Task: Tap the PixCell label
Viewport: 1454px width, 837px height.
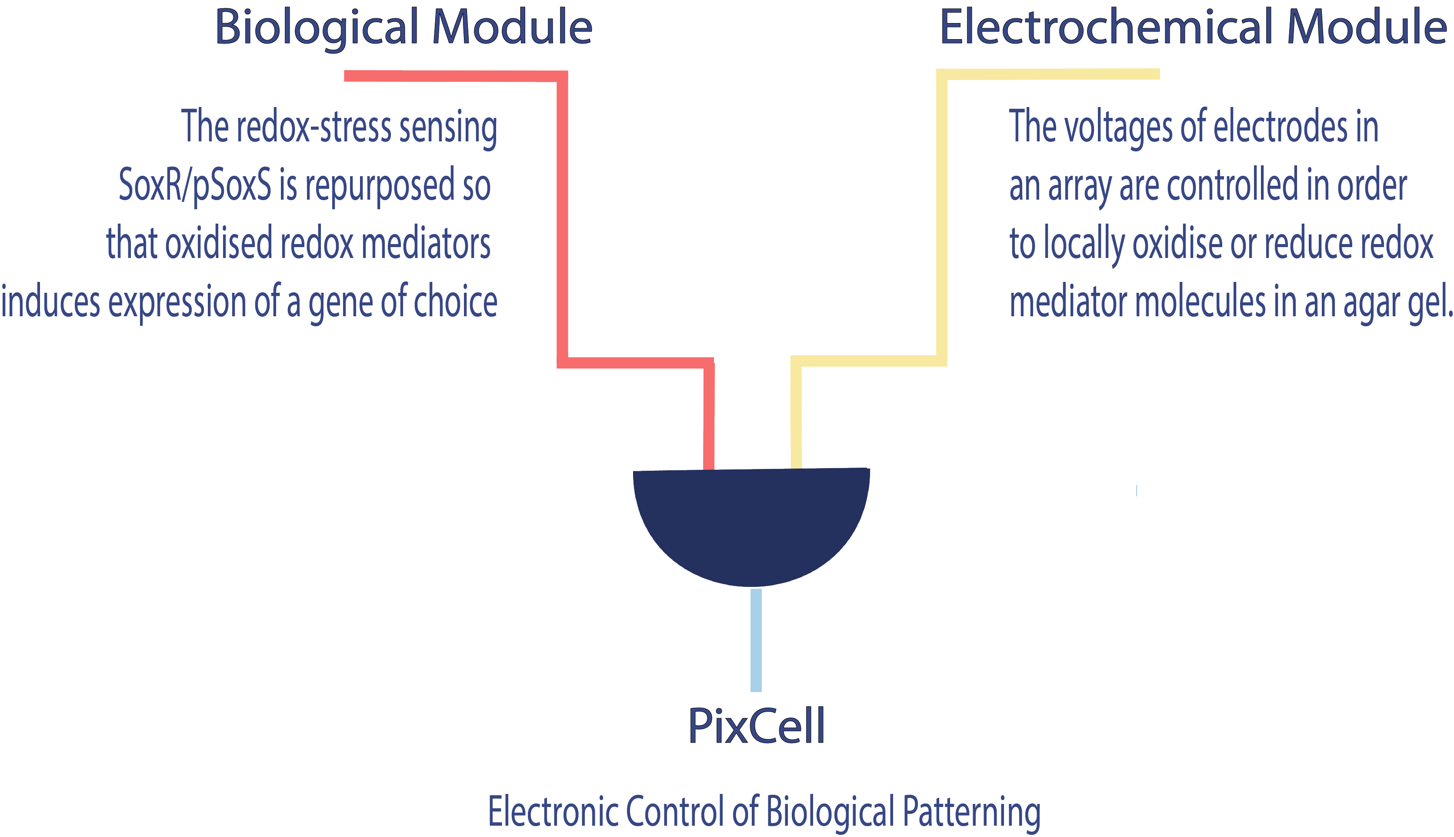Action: tap(756, 726)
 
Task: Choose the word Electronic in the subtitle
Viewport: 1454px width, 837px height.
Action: tap(554, 811)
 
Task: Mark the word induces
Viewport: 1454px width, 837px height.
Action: tap(50, 302)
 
